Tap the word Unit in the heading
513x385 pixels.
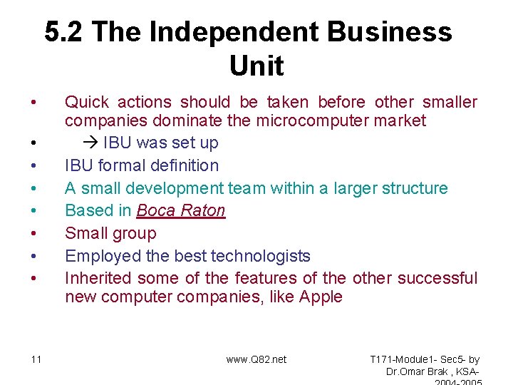coord(256,66)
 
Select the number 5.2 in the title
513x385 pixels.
coord(65,32)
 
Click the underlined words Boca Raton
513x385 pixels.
coord(181,211)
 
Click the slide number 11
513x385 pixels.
coord(36,359)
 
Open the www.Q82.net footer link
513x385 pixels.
coord(256,359)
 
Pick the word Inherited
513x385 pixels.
coord(98,278)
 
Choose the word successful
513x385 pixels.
coord(437,278)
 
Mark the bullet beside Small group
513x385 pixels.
coord(34,234)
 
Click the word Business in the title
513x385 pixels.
coord(385,32)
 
